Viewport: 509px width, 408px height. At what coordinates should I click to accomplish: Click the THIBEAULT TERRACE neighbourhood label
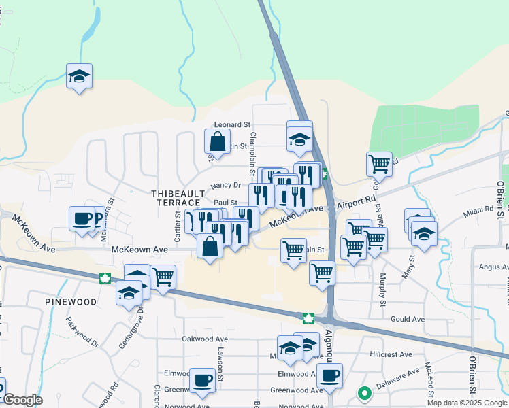(175, 198)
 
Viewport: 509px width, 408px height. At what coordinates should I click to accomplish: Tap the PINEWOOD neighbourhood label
(71, 301)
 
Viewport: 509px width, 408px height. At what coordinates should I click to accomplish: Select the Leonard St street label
(233, 125)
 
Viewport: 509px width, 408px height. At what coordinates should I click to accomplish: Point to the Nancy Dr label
(226, 185)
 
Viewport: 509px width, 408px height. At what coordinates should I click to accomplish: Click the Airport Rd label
(356, 203)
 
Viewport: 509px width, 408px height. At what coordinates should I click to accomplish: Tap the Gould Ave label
(408, 319)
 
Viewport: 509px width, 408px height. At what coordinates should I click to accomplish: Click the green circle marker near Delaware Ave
(365, 392)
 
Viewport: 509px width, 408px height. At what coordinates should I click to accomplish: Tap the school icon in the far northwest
(80, 76)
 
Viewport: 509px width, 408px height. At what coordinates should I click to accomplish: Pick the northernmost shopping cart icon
(379, 163)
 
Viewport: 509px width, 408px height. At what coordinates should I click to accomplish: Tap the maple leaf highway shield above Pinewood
(105, 277)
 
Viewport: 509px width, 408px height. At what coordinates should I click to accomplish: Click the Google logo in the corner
(22, 401)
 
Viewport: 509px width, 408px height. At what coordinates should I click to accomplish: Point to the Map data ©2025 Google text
(467, 403)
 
